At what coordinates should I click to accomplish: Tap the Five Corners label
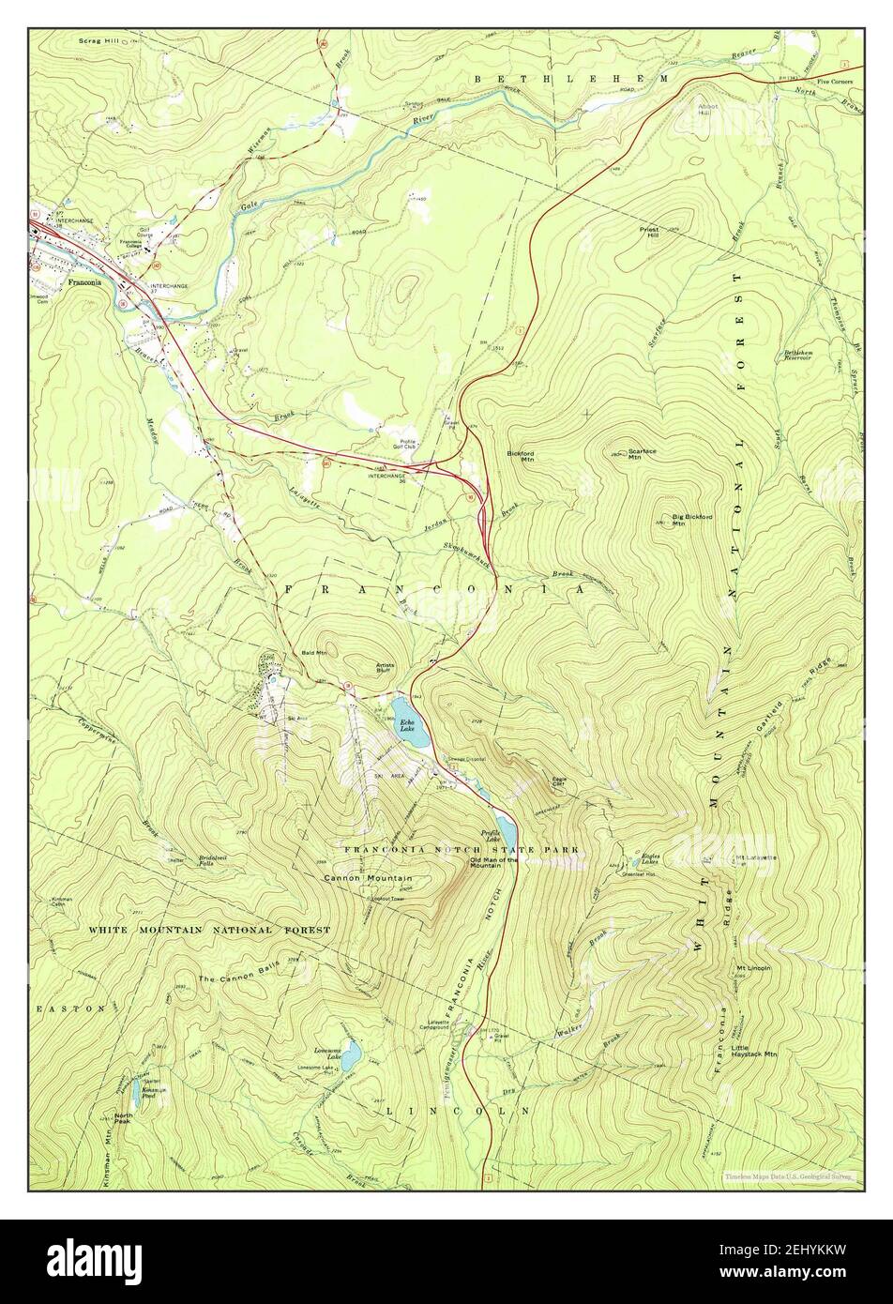pos(835,82)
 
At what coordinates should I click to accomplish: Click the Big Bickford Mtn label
pos(692,520)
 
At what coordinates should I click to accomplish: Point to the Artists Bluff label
pos(386,667)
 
